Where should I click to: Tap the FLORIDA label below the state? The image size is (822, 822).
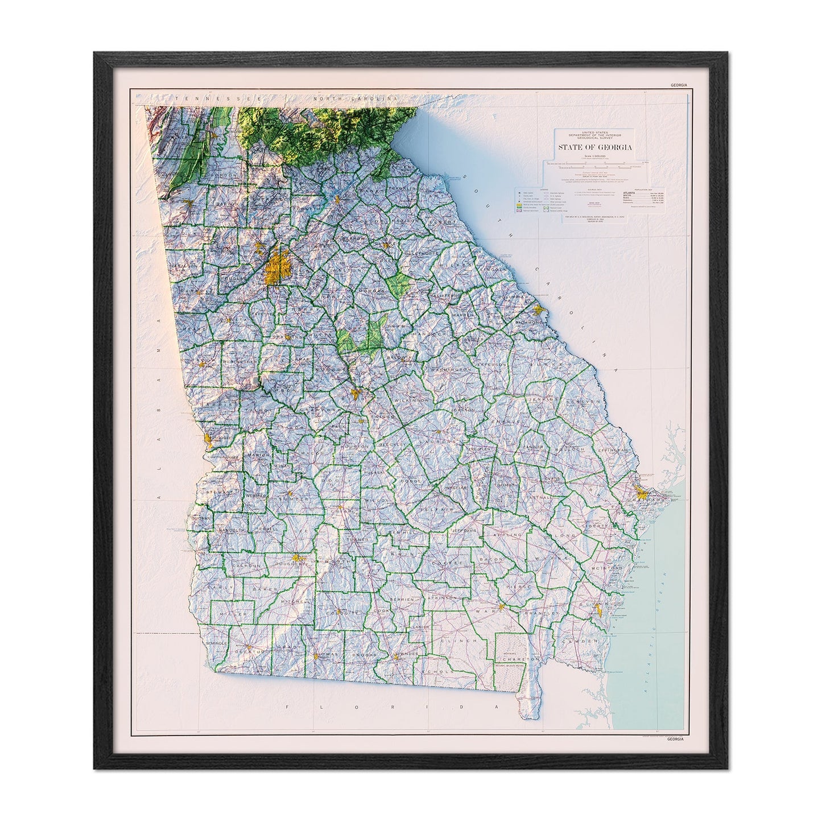click(x=392, y=707)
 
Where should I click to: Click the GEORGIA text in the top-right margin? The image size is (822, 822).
click(x=679, y=85)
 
